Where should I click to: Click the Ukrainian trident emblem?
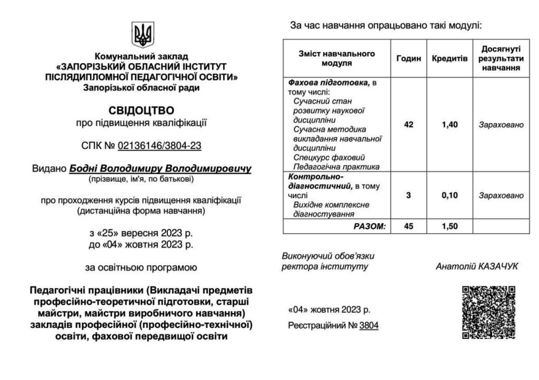(x=143, y=35)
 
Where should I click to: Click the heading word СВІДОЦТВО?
(x=141, y=110)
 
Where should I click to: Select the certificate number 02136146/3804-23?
(x=160, y=146)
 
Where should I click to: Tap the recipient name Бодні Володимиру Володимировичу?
(x=160, y=169)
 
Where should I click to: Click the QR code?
(x=488, y=312)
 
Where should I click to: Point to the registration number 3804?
(x=369, y=326)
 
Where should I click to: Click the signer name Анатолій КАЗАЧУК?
(x=477, y=266)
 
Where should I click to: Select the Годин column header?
(x=408, y=58)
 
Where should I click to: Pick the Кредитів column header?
(x=450, y=58)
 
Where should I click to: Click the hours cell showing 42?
(x=408, y=124)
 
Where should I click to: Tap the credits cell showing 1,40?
(x=450, y=124)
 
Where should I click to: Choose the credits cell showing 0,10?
(x=450, y=195)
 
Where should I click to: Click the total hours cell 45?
(x=408, y=227)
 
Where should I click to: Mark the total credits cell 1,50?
(x=450, y=227)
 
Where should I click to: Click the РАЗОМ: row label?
(x=369, y=227)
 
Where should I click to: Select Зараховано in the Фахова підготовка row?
(x=501, y=124)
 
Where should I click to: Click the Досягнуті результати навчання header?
(x=501, y=58)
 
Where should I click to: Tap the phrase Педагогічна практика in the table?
(x=336, y=167)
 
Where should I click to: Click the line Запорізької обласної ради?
(x=141, y=88)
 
